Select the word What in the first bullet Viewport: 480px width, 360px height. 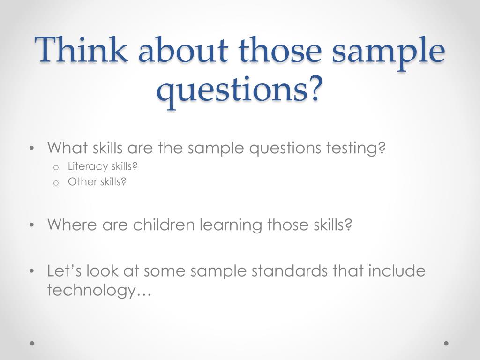pyautogui.click(x=67, y=148)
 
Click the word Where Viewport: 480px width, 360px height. pyautogui.click(x=72, y=225)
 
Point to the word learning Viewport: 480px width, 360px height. pyautogui.click(x=231, y=225)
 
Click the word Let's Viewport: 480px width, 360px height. pyautogui.click(x=64, y=271)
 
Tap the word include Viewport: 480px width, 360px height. pyautogui.click(x=397, y=271)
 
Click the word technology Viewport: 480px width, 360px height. pyautogui.click(x=91, y=290)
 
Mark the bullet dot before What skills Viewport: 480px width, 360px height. pyautogui.click(x=32, y=149)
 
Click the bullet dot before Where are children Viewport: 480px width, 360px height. pyautogui.click(x=32, y=225)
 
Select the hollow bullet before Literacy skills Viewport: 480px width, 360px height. pyautogui.click(x=56, y=168)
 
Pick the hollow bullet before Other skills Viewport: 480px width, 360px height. pyautogui.click(x=56, y=183)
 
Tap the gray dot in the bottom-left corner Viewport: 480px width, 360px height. pyautogui.click(x=32, y=343)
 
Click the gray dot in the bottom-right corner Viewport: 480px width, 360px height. pyautogui.click(x=446, y=343)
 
